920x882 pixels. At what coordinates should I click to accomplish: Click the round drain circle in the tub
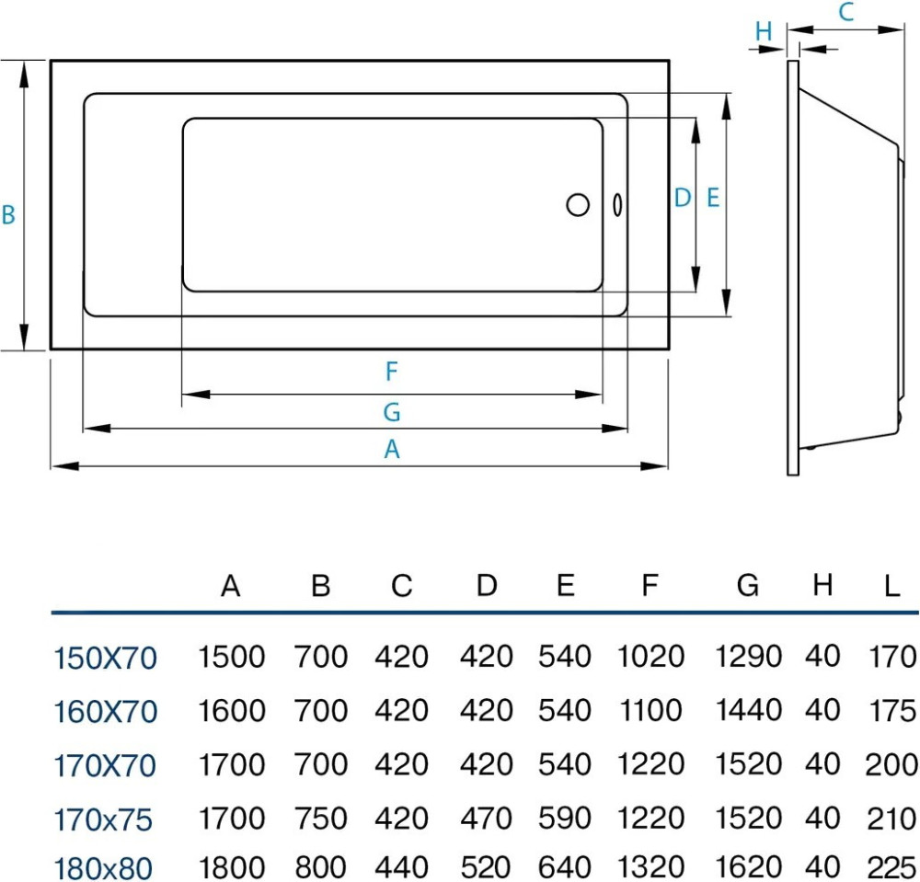pyautogui.click(x=578, y=204)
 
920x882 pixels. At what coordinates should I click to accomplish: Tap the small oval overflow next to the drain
pyautogui.click(x=616, y=204)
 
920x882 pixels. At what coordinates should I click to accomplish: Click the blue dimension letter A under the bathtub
pyautogui.click(x=392, y=450)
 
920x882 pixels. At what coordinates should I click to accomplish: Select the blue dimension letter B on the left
pyautogui.click(x=8, y=215)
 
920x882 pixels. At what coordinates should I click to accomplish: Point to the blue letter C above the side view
pyautogui.click(x=846, y=13)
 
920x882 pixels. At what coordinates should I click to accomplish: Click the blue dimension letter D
pyautogui.click(x=682, y=198)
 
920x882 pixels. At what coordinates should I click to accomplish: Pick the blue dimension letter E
pyautogui.click(x=713, y=198)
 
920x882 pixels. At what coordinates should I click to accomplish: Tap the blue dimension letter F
pyautogui.click(x=391, y=372)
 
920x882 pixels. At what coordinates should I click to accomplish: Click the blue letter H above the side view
pyautogui.click(x=764, y=31)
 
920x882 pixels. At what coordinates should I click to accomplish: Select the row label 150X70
pyautogui.click(x=105, y=659)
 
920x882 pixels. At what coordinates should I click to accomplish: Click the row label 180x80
pyautogui.click(x=103, y=867)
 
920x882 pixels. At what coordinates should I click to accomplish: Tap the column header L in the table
pyautogui.click(x=891, y=586)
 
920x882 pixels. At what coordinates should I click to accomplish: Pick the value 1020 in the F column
pyautogui.click(x=651, y=657)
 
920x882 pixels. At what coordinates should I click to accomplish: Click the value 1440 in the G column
pyautogui.click(x=748, y=710)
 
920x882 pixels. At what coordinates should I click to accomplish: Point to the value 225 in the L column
pyautogui.click(x=891, y=867)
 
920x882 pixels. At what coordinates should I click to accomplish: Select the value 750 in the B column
pyautogui.click(x=320, y=818)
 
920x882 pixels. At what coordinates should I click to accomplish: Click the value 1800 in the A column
pyautogui.click(x=232, y=867)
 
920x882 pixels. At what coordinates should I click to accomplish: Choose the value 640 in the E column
pyautogui.click(x=565, y=867)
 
